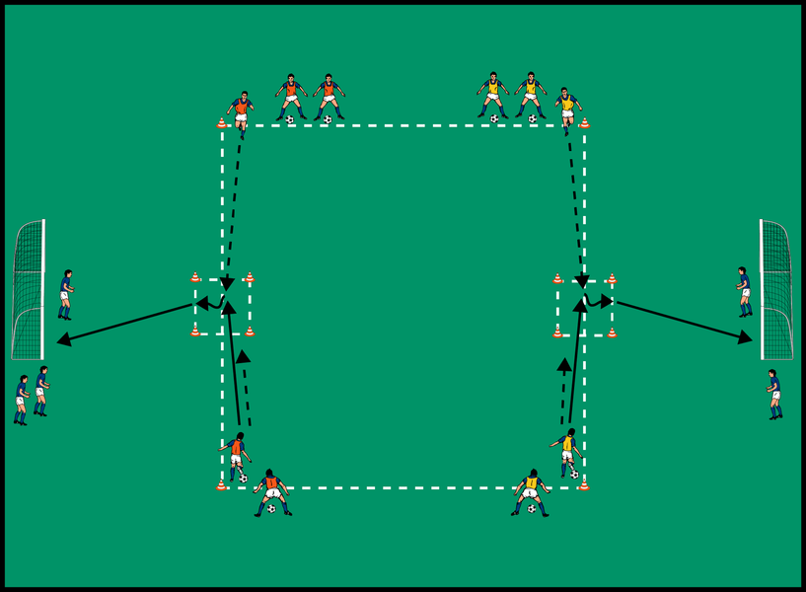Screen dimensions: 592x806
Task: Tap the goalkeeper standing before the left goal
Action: [x=65, y=295]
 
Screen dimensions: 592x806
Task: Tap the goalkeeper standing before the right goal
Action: [x=743, y=291]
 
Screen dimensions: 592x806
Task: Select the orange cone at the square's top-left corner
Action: [x=222, y=123]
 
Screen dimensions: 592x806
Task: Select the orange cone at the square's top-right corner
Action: [x=584, y=123]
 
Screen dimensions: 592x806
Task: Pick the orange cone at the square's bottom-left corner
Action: [x=221, y=485]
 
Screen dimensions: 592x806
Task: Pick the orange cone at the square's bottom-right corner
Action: [x=583, y=484]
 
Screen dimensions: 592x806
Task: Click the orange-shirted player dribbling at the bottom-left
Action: [x=236, y=455]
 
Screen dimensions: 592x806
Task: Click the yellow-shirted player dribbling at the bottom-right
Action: [x=566, y=453]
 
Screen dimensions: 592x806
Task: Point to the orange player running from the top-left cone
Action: [x=240, y=110]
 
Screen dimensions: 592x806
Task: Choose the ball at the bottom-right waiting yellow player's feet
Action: [x=532, y=510]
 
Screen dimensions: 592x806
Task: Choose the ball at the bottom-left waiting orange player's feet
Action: [x=271, y=510]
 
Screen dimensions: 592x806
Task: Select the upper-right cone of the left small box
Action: [x=250, y=277]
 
